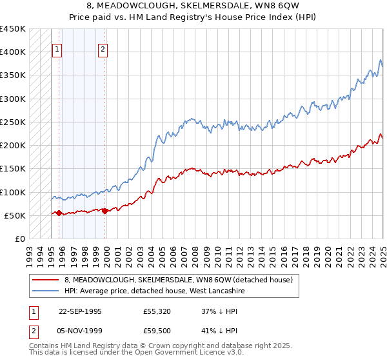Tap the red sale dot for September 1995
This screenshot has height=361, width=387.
[59, 213]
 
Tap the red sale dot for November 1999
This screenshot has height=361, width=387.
[105, 211]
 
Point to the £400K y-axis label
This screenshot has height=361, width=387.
[13, 52]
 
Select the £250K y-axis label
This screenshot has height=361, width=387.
[13, 122]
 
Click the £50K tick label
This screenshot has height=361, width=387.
[15, 215]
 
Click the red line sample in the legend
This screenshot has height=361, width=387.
[45, 280]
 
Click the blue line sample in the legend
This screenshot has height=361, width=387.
[45, 291]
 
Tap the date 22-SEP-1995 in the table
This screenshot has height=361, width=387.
[80, 310]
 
